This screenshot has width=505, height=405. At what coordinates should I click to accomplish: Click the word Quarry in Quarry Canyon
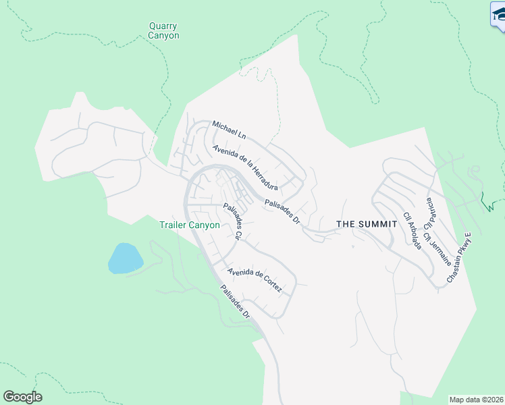pyautogui.click(x=163, y=26)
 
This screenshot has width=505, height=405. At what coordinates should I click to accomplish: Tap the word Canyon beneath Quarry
pyautogui.click(x=163, y=36)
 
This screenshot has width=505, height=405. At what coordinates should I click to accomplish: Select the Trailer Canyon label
pyautogui.click(x=190, y=225)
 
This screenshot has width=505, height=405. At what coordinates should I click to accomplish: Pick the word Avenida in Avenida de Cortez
pyautogui.click(x=242, y=273)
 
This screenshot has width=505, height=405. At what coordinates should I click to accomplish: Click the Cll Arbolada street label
pyautogui.click(x=413, y=232)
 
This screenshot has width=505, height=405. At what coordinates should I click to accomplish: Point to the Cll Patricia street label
pyautogui.click(x=430, y=211)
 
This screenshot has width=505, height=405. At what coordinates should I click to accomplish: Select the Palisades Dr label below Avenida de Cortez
pyautogui.click(x=236, y=302)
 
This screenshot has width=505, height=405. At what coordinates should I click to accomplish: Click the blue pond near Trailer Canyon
pyautogui.click(x=125, y=258)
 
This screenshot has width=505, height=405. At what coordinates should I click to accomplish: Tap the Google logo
pyautogui.click(x=22, y=397)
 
